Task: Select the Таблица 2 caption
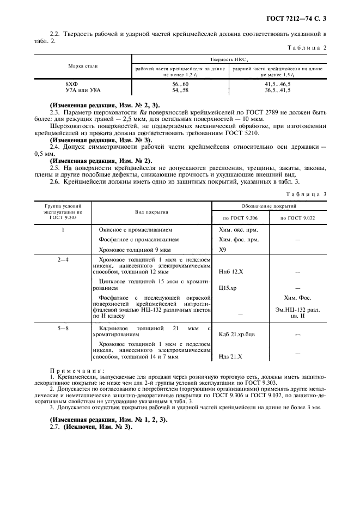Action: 307,48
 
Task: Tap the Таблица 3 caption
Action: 307,194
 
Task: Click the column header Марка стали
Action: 83,66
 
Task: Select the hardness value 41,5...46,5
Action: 277,85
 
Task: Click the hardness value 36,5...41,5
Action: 277,90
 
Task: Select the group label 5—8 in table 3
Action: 63,329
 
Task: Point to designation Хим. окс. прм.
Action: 238,229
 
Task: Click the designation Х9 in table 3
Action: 222,249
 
